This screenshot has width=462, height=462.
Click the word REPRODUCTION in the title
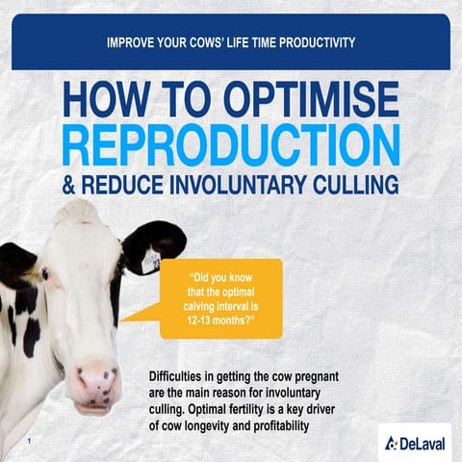click(231, 143)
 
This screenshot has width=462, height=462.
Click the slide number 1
click(31, 441)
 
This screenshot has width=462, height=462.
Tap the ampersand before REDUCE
click(69, 184)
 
